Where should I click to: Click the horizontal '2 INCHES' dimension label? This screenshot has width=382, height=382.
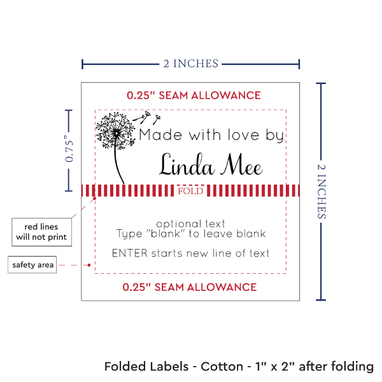tap(190, 63)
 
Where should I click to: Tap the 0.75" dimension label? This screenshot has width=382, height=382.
tap(69, 149)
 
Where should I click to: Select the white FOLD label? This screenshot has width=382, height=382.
tap(190, 190)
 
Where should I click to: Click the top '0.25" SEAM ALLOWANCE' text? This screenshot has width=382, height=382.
tap(194, 95)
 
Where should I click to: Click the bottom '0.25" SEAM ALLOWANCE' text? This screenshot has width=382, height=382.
tap(190, 287)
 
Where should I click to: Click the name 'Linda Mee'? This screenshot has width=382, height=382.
tap(211, 166)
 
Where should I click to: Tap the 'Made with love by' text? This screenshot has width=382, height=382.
tap(213, 136)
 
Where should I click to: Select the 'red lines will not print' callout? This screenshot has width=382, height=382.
tap(41, 232)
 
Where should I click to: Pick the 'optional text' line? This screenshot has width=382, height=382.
tap(190, 223)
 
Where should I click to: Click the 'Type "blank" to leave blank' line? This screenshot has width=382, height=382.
tap(190, 234)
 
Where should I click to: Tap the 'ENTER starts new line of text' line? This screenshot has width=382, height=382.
tap(190, 253)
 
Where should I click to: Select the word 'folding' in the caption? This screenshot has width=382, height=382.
tap(352, 367)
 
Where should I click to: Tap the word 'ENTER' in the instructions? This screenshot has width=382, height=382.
tap(130, 253)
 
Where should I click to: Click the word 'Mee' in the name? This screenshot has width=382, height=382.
tap(241, 166)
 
